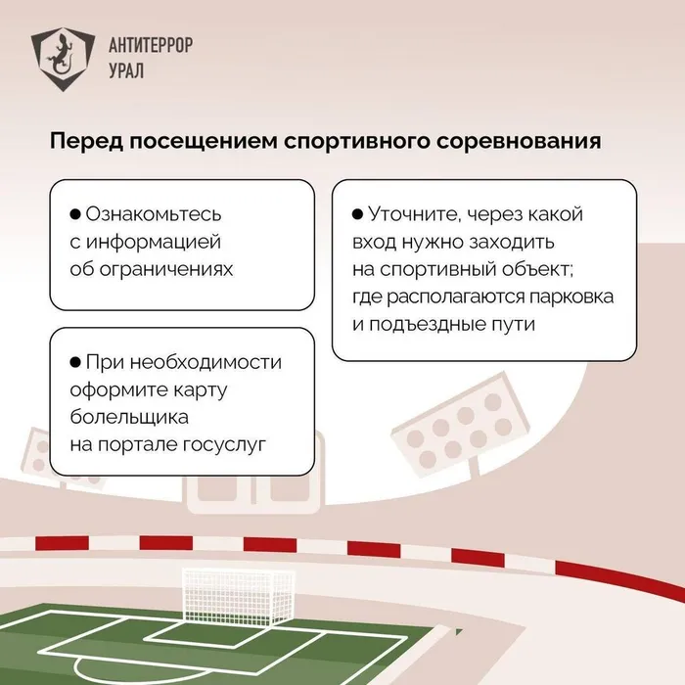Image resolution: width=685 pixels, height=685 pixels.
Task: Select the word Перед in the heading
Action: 83,142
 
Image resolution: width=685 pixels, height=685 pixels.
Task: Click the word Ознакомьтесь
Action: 155,214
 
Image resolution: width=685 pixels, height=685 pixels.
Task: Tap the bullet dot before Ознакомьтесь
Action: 75,214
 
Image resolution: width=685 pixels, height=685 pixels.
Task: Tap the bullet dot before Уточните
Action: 357,214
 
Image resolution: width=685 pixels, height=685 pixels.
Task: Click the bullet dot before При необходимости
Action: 75,363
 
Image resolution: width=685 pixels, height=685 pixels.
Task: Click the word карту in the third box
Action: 216,389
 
